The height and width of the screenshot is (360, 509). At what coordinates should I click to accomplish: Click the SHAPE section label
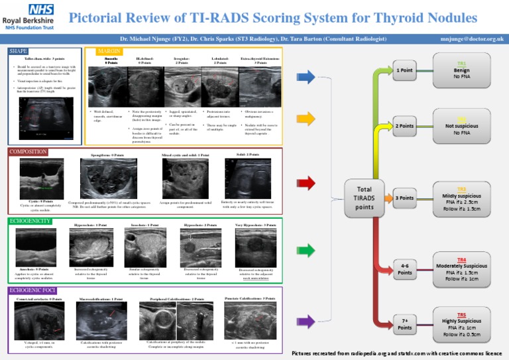19,51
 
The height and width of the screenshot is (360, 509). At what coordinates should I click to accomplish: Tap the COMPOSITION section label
28,152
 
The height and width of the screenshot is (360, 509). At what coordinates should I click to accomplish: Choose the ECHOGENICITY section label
30,221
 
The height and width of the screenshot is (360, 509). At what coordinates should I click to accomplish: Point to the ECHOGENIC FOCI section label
32,290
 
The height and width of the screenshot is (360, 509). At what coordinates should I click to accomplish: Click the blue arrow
306,78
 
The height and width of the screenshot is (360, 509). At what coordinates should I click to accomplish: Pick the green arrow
306,250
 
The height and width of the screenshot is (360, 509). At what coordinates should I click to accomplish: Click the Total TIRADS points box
364,198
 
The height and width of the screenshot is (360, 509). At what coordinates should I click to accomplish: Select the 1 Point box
405,70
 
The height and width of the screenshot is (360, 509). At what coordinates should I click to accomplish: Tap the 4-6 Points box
405,269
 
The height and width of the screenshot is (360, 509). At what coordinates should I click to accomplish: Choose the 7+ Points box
405,324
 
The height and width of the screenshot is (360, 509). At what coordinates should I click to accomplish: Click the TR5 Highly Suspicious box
461,323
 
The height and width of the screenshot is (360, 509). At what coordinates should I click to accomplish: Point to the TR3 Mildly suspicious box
461,198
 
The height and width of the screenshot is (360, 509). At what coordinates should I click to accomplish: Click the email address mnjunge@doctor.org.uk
471,39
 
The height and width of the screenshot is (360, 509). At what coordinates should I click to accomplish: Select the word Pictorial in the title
99,18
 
